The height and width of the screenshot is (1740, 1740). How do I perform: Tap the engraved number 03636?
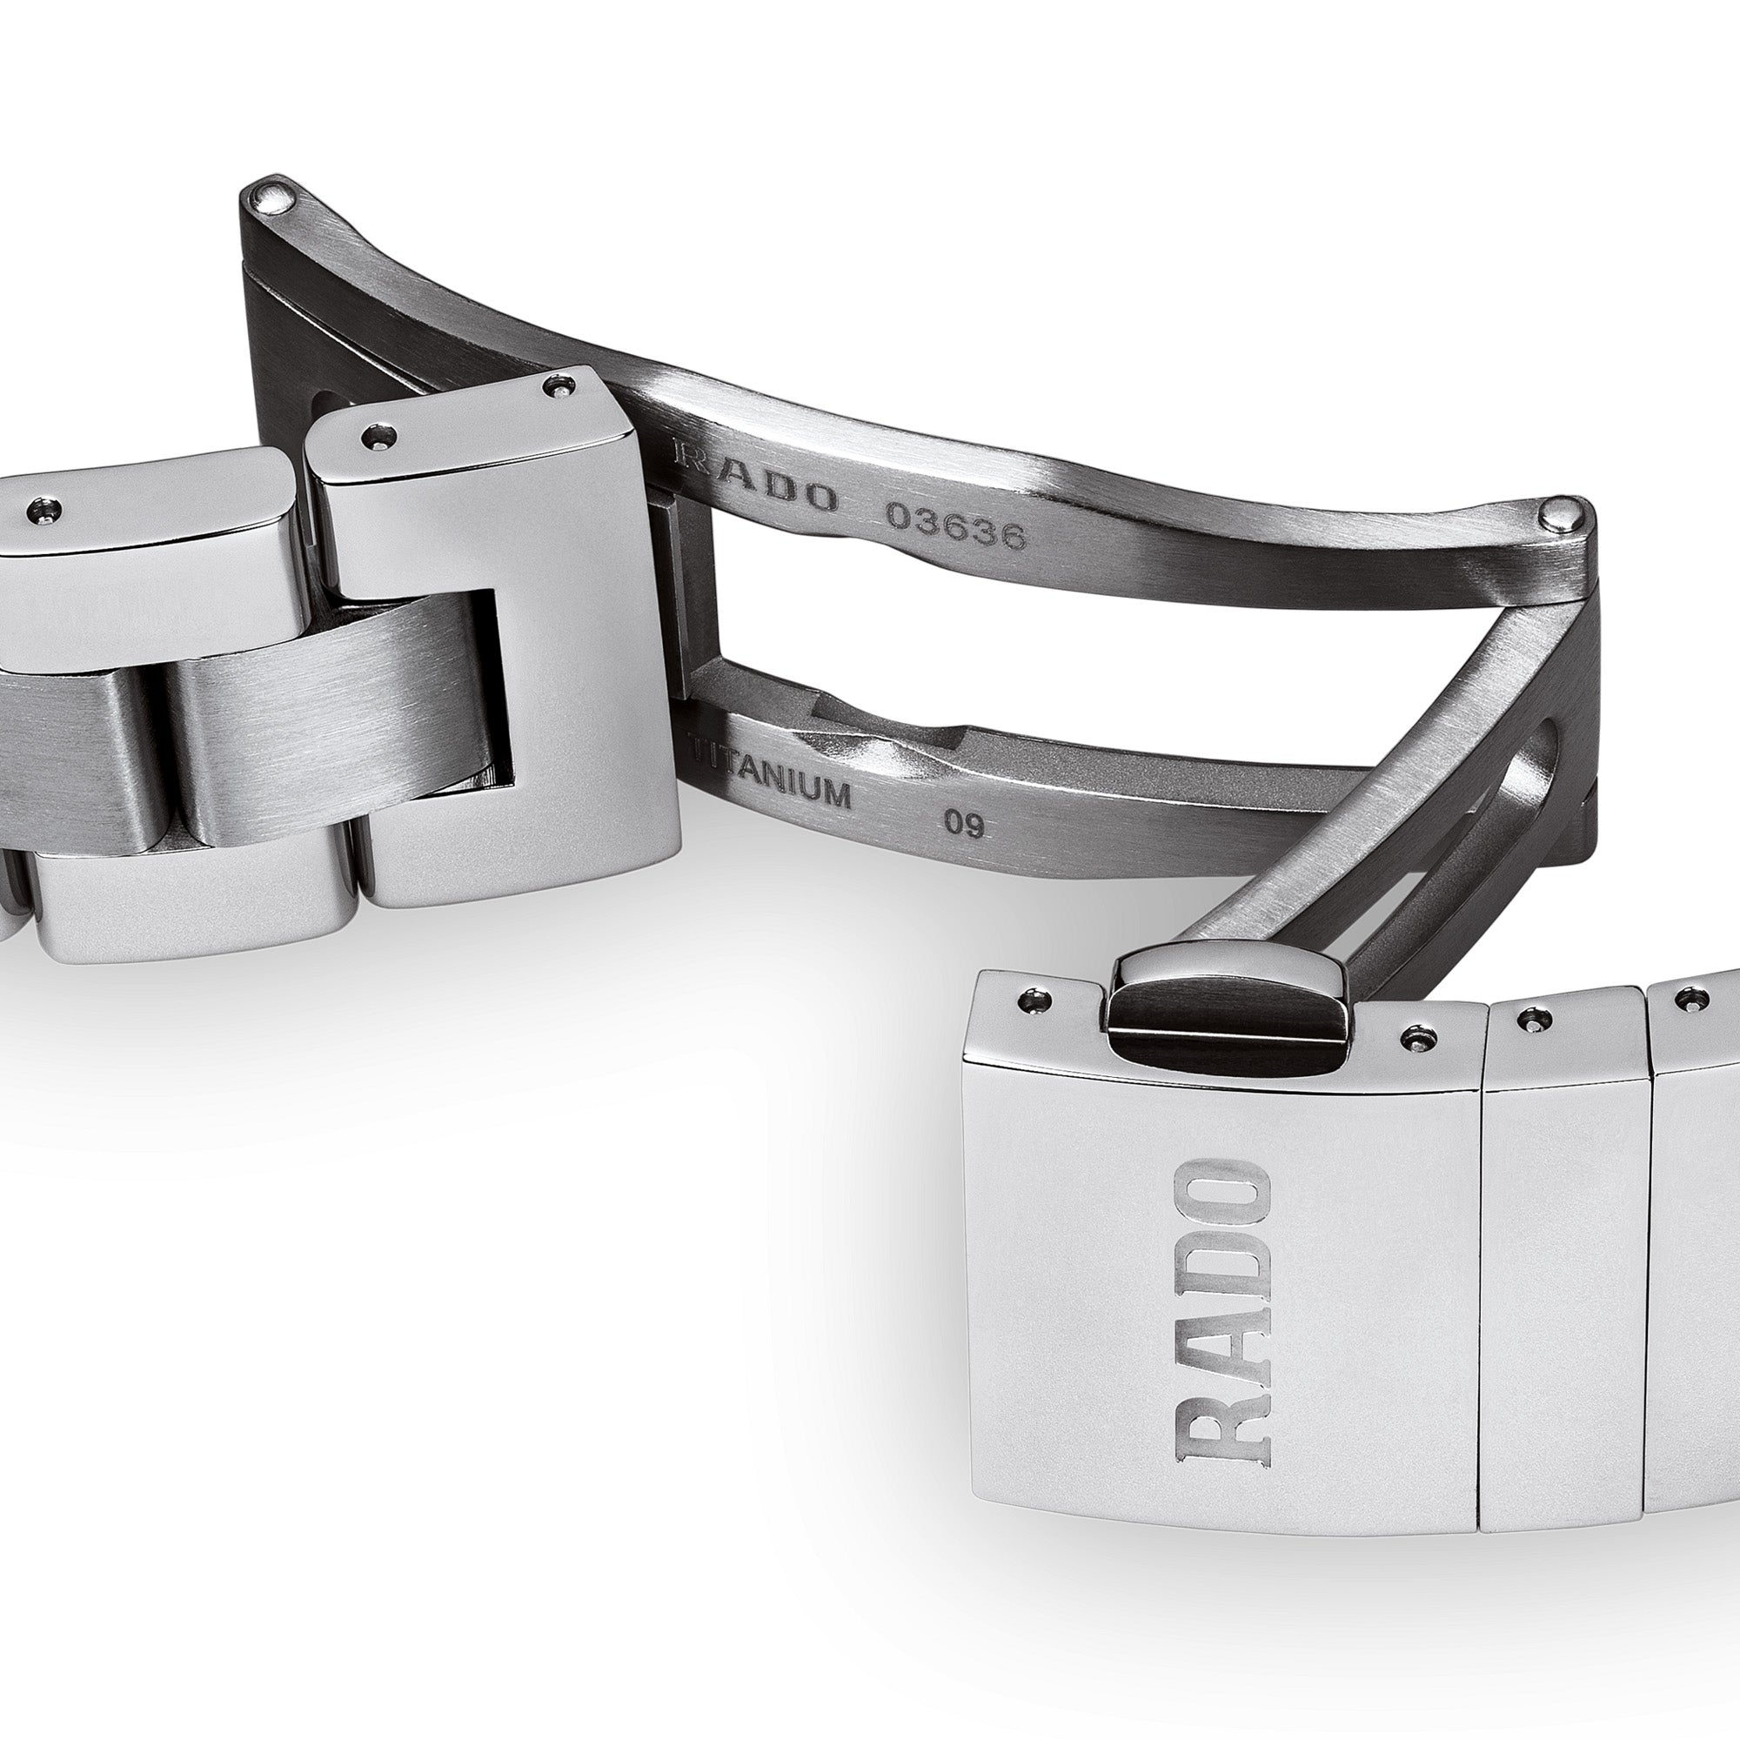(955, 525)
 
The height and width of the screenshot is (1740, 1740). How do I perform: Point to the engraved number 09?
(963, 824)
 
